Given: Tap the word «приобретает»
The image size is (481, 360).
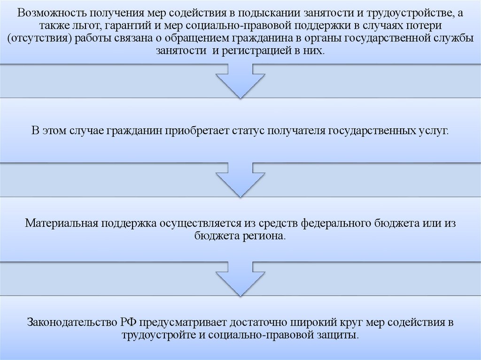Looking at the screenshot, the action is click(197, 130).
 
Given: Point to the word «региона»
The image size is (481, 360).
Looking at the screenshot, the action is click(264, 236).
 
